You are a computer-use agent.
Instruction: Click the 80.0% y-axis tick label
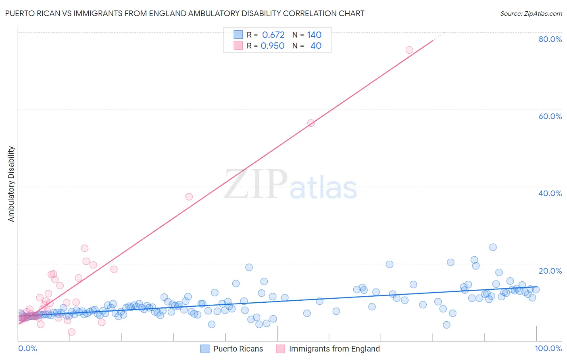coord(550,39)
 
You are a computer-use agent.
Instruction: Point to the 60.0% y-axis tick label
coord(550,116)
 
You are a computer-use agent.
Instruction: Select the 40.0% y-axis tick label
coord(550,193)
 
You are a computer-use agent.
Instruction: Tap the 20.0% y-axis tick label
coord(550,271)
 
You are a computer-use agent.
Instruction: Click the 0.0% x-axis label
coord(27,348)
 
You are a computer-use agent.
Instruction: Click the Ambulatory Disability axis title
coord(11,184)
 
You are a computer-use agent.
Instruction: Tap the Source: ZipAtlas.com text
coord(531,13)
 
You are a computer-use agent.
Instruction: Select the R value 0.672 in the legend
coord(273,35)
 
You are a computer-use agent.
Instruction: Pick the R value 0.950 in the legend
coord(273,46)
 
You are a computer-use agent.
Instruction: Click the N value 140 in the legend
coord(314,35)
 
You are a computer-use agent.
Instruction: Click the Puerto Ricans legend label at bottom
coord(238,349)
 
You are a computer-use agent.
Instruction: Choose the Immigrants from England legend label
coord(334,349)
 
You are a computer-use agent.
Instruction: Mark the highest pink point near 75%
coord(409,50)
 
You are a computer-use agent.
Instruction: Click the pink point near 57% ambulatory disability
coord(311,123)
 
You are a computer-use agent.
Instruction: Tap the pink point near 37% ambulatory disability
coord(189,197)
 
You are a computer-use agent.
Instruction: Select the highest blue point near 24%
coord(493,247)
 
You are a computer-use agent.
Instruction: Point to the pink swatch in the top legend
coord(238,46)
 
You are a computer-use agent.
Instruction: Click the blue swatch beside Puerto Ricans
coord(205,349)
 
